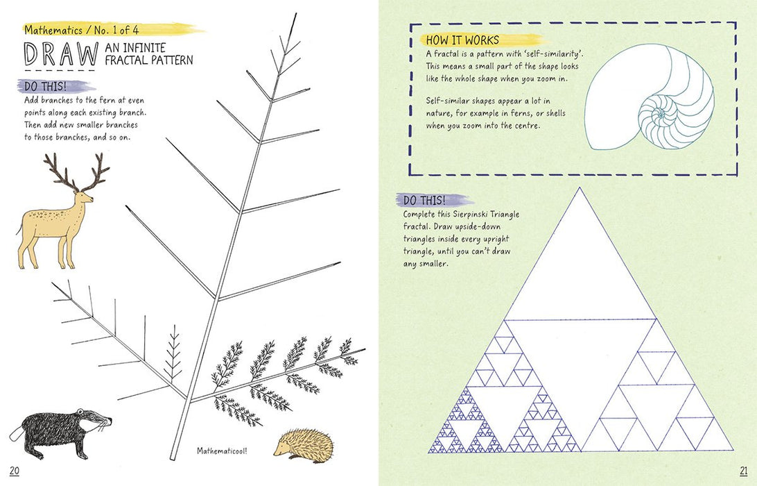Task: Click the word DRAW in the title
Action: coord(61,54)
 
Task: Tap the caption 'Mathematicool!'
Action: coord(222,451)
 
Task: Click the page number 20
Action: coord(14,471)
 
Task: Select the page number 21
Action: coord(743,471)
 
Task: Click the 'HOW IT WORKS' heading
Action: coord(462,40)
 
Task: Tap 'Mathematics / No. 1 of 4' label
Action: coord(82,30)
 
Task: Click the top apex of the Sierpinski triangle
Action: coord(580,187)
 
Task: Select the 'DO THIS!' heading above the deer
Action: coord(45,87)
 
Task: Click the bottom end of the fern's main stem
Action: coord(173,458)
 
